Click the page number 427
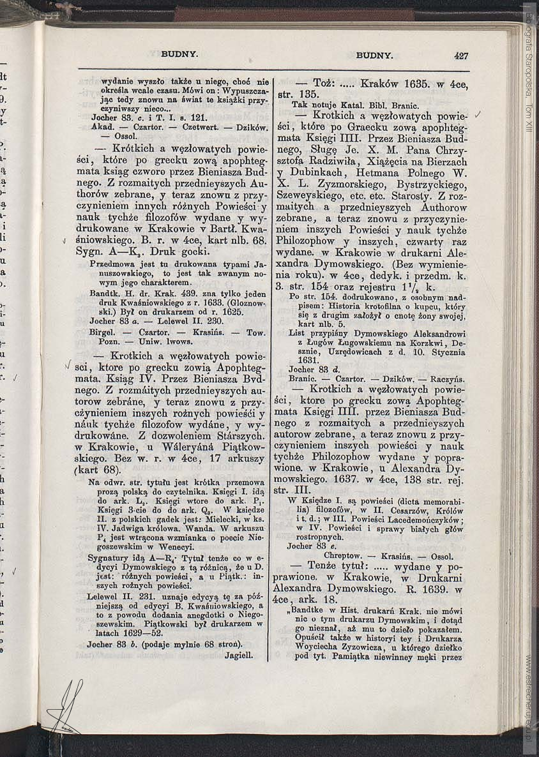[x=461, y=56]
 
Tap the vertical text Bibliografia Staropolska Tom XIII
[x=529, y=70]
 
